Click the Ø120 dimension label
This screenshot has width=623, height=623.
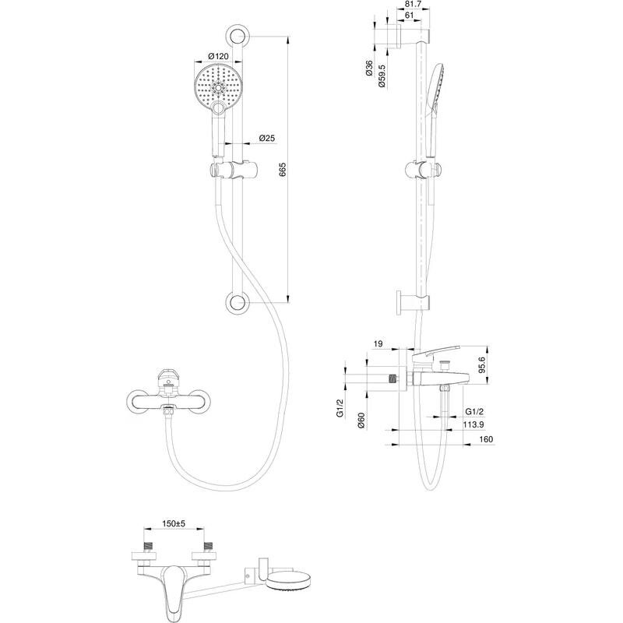219,56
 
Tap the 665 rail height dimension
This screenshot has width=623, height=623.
283,170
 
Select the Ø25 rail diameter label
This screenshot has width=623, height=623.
266,139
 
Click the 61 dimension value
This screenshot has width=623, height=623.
409,16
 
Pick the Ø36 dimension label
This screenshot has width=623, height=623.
368,69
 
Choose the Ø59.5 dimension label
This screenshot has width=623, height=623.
382,76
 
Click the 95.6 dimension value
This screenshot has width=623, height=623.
481,364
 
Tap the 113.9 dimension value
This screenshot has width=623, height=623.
473,424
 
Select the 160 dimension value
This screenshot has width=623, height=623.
486,439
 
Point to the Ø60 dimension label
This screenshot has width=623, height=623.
361,421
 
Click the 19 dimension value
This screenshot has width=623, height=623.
378,344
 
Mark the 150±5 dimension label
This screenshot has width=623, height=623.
174,524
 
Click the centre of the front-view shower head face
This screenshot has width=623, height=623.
218,87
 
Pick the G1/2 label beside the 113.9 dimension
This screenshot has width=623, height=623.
474,412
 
